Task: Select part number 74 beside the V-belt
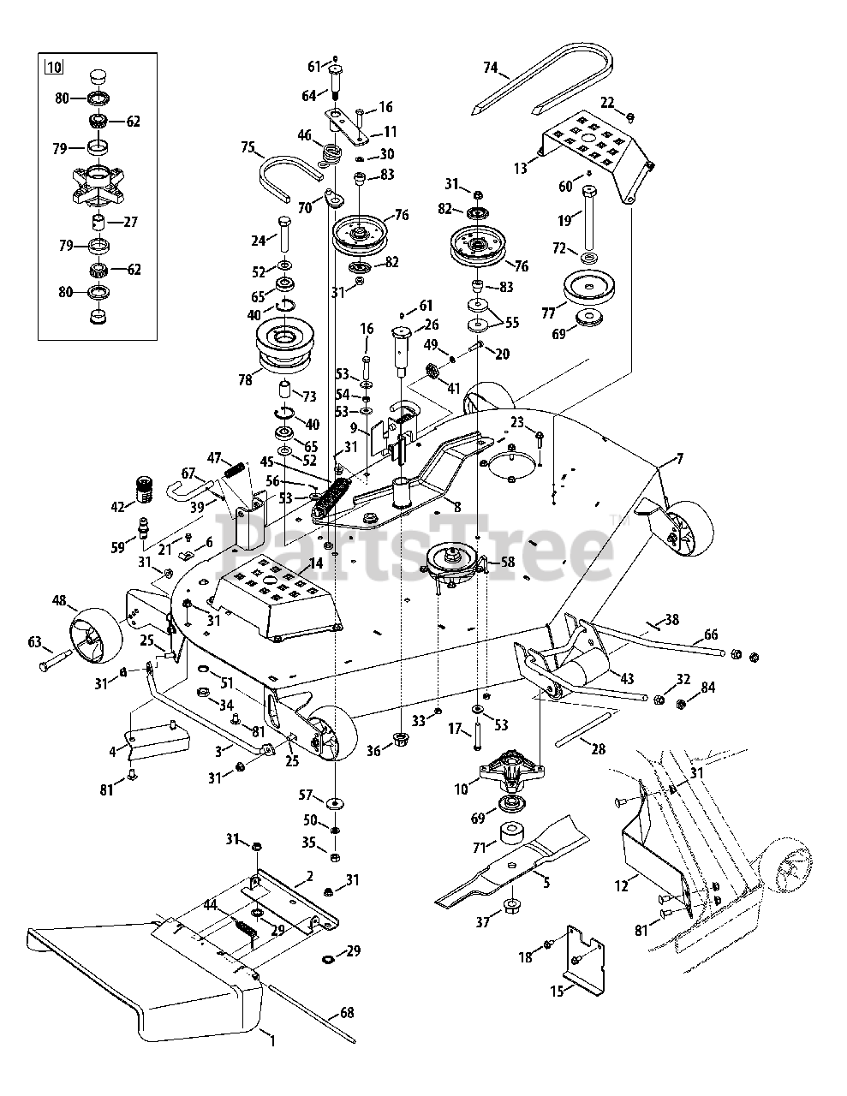pyautogui.click(x=490, y=68)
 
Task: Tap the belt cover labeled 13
pyautogui.click(x=591, y=146)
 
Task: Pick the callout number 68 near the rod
pyautogui.click(x=346, y=1013)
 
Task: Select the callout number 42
pyautogui.click(x=117, y=506)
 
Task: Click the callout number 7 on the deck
pyautogui.click(x=679, y=460)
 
